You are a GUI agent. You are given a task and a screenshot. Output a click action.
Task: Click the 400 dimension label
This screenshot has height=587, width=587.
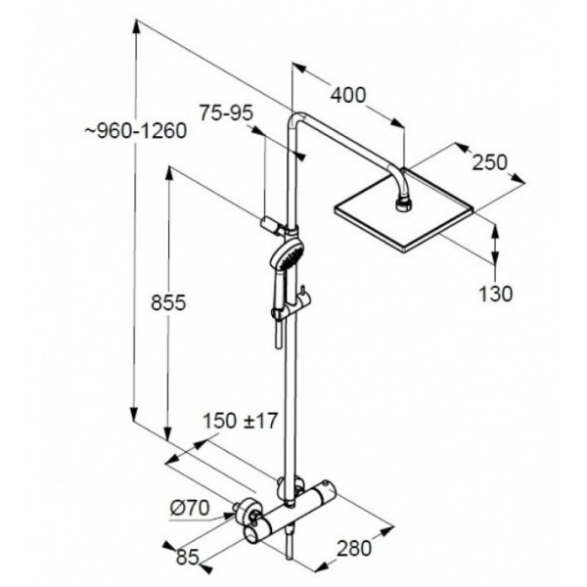tap(347, 95)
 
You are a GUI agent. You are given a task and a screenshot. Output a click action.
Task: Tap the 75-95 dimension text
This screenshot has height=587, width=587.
tap(226, 113)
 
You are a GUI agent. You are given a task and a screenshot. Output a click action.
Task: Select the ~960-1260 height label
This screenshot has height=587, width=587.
tap(136, 131)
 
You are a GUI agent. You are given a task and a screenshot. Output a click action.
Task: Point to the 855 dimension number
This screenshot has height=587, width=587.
tap(168, 302)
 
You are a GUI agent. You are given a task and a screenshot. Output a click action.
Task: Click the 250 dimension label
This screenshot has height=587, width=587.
tap(489, 162)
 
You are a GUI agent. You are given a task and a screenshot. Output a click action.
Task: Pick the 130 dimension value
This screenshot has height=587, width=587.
tap(496, 293)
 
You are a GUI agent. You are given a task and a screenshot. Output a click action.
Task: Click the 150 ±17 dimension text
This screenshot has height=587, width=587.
tap(240, 421)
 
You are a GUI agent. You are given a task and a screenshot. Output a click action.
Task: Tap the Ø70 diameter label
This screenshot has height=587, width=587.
tap(190, 509)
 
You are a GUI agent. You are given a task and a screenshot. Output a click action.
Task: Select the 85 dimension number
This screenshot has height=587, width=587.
tap(187, 558)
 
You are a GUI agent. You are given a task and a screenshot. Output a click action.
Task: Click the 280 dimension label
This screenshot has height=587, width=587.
tap(354, 549)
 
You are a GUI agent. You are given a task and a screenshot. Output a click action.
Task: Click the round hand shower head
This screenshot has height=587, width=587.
tap(287, 255)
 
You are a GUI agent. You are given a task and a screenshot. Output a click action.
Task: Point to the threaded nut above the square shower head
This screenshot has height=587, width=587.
tap(403, 205)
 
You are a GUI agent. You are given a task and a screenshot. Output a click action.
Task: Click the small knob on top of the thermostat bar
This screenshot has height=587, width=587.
tap(328, 484)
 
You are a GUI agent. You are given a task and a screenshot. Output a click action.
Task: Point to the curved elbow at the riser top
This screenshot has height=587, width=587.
tap(295, 119)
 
